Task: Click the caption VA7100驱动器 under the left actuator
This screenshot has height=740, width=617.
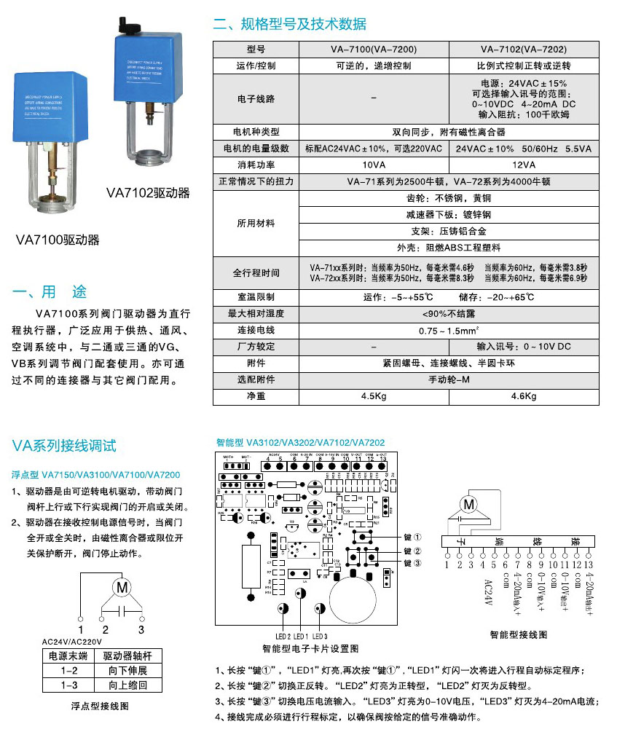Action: coord(58,240)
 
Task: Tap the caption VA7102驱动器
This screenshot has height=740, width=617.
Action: coord(148,193)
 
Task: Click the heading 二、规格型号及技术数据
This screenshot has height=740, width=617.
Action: coord(289,24)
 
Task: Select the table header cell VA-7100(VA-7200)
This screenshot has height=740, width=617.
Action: coord(374,50)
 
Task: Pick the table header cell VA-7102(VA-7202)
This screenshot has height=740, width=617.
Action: coord(523,50)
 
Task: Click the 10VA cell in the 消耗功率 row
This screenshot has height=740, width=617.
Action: coord(374,165)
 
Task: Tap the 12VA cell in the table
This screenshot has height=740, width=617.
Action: coord(523,165)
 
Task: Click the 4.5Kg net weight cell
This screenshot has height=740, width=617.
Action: coord(374,396)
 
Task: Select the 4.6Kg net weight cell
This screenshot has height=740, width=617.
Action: coord(523,396)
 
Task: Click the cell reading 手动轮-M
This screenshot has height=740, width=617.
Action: coord(448,379)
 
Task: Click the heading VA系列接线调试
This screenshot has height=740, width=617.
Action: coord(65,446)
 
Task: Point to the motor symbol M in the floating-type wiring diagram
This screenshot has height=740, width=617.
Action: coord(122,587)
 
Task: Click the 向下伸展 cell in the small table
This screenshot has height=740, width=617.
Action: coord(127,671)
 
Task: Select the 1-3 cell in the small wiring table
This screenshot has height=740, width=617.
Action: coord(70,685)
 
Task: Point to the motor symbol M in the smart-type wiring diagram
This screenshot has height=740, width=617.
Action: coord(468,503)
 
